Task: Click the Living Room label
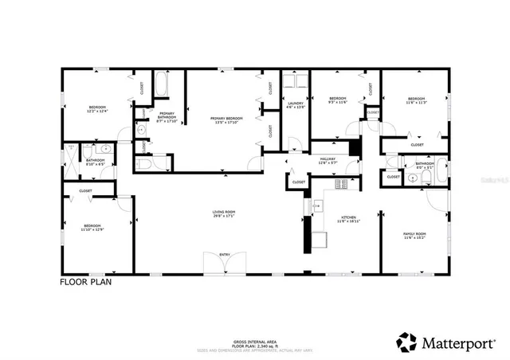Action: click(223, 213)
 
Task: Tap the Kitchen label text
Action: click(347, 217)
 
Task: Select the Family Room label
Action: click(415, 236)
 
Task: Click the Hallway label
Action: click(328, 160)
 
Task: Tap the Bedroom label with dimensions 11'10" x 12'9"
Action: click(92, 228)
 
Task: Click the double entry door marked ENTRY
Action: click(224, 262)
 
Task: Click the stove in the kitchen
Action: click(341, 185)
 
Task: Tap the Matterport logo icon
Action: click(406, 342)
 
